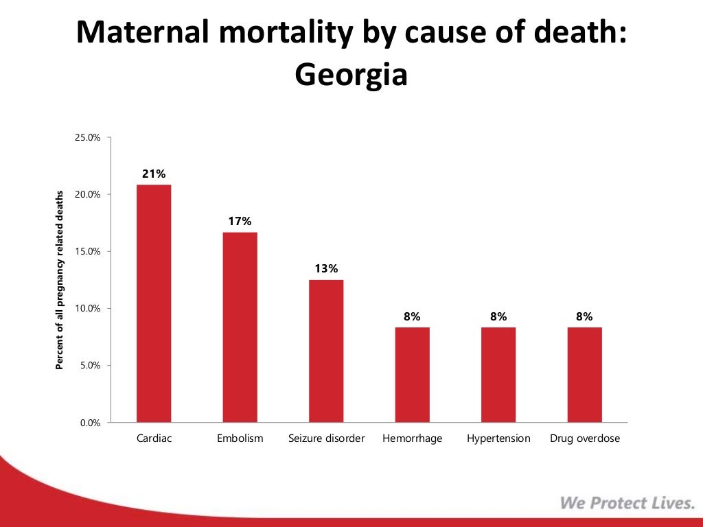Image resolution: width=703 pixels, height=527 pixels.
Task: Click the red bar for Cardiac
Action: click(154, 303)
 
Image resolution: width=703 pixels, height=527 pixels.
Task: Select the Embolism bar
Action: click(240, 327)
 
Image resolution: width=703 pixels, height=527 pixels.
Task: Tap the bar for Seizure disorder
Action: click(326, 351)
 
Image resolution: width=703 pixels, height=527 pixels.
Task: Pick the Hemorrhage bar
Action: click(412, 375)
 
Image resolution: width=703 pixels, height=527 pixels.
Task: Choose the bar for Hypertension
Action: click(498, 375)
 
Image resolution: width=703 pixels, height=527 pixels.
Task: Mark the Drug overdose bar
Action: click(584, 375)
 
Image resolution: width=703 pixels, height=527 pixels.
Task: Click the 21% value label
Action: click(154, 174)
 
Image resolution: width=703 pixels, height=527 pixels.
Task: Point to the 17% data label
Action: click(240, 222)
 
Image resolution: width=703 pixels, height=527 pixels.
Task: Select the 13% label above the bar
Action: click(326, 269)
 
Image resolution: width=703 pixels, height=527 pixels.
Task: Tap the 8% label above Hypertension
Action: click(498, 316)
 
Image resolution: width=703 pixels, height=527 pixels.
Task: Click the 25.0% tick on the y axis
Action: click(87, 138)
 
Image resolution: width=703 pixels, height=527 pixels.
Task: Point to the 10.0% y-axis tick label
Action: click(87, 309)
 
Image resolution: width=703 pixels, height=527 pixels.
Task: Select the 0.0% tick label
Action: click(89, 423)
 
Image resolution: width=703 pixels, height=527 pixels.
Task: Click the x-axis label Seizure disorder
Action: click(326, 438)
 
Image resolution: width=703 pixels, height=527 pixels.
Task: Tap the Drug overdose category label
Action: click(584, 438)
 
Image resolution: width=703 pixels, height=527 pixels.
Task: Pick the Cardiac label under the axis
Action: click(154, 438)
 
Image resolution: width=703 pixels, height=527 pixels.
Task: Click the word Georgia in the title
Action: click(351, 75)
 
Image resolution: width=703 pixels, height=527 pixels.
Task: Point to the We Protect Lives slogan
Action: click(627, 503)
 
